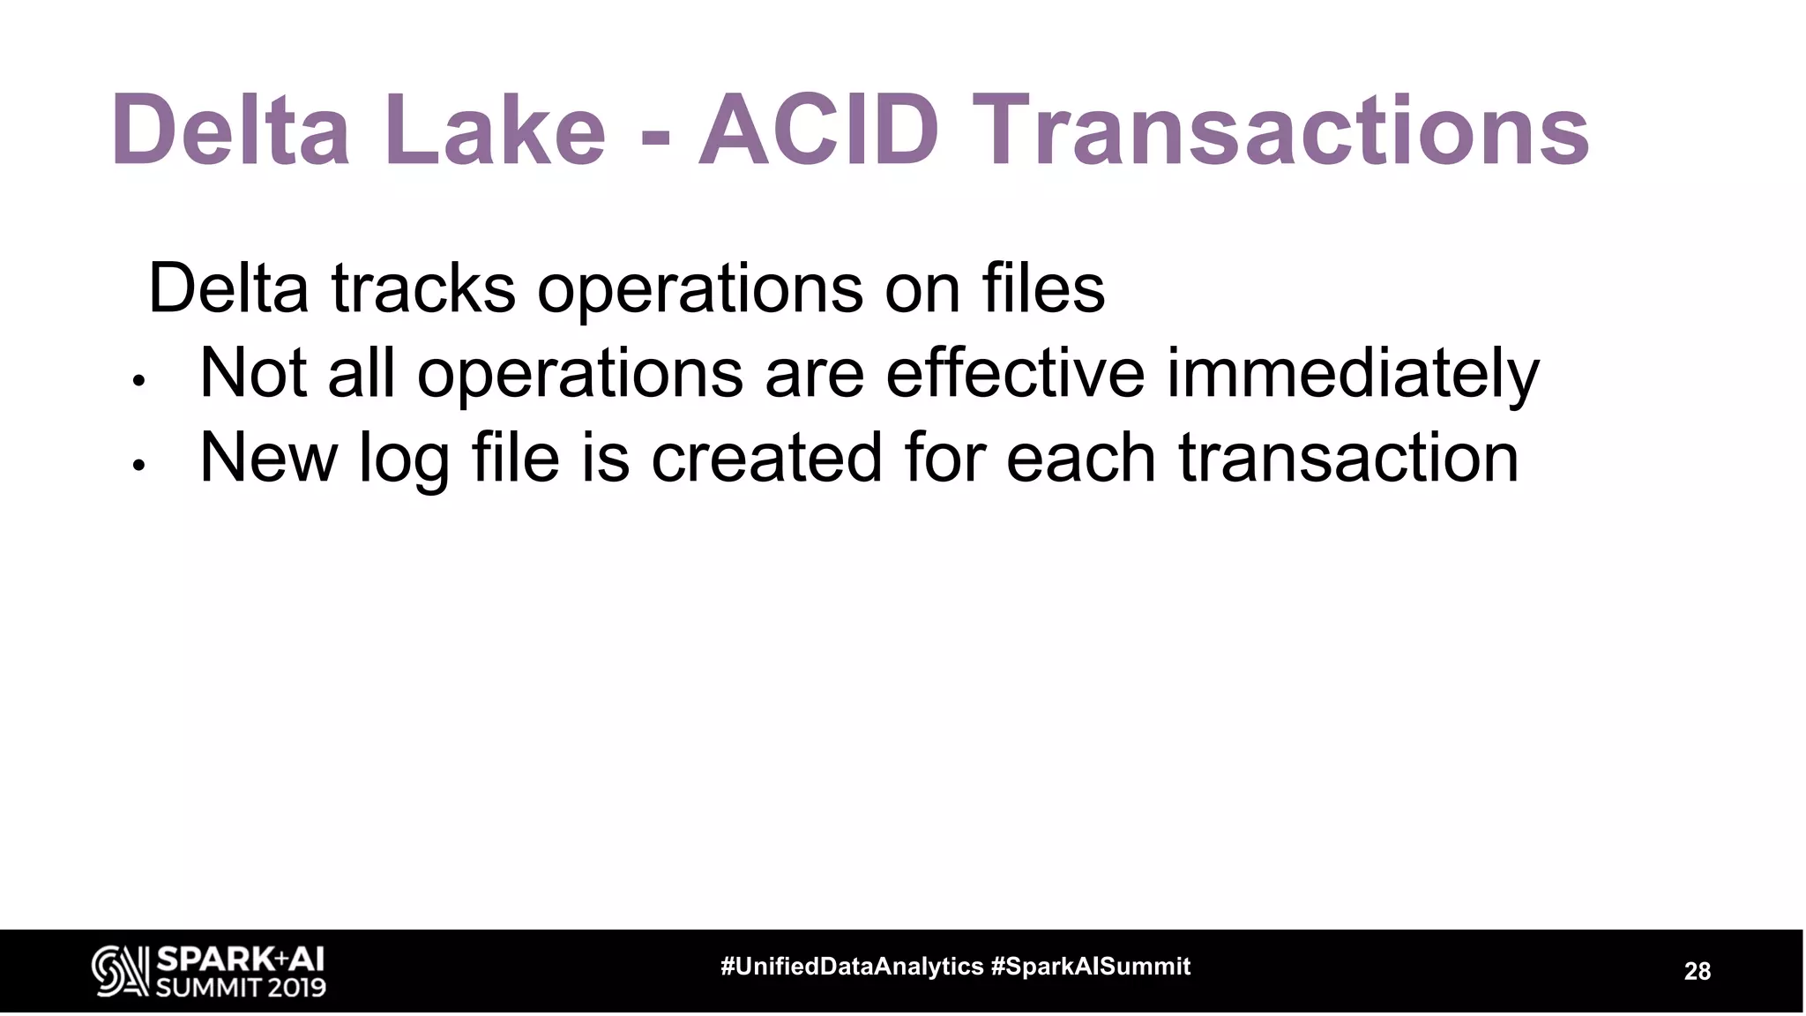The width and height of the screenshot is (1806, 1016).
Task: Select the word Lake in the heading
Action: pos(495,132)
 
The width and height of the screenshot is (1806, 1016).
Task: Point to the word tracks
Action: pos(423,288)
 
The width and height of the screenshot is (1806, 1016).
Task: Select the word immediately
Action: pos(1353,374)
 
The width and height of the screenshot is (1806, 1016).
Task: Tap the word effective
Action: pos(1015,372)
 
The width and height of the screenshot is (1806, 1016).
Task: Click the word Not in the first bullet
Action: pos(253,372)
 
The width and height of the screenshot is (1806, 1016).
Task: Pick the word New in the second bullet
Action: pos(269,458)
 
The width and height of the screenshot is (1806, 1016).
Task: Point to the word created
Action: pos(766,458)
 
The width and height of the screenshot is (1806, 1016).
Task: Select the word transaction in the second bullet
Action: pos(1348,458)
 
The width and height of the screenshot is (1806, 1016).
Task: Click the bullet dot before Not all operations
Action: pos(138,382)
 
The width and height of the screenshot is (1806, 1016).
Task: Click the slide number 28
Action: pos(1697,971)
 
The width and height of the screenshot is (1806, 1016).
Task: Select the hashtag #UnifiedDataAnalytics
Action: pos(852,967)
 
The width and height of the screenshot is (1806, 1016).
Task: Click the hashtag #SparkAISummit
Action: pos(1091,967)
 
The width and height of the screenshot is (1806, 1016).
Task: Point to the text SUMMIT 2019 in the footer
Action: pos(241,986)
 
